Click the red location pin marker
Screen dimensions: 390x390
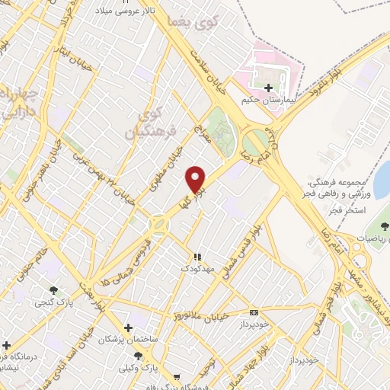point(197,180)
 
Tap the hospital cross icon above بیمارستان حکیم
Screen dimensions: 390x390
point(267,88)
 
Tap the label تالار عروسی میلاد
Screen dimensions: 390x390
point(126,12)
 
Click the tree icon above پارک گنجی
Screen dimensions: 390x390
point(53,290)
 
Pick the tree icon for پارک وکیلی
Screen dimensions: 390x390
point(138,356)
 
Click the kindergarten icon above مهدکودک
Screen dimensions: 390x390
point(196,257)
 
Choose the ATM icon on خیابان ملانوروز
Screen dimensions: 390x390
point(254,312)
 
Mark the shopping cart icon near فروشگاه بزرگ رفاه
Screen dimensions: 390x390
point(177,376)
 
